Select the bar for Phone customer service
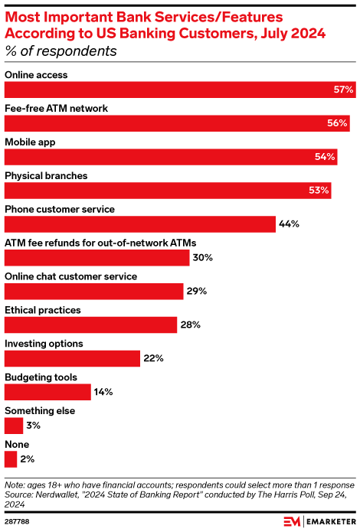pos(140,224)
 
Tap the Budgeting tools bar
pos(47,392)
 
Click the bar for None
pos(11,459)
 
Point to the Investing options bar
pos(73,358)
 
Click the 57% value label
pos(343,90)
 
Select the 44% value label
pos(289,224)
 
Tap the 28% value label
pos(190,325)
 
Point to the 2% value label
pos(27,459)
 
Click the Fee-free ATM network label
pos(56,108)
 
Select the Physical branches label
pos(46,175)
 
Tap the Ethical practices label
pos(43,309)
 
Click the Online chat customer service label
pos(71,276)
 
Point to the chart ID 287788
pos(18,521)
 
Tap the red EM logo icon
pos(293,521)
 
